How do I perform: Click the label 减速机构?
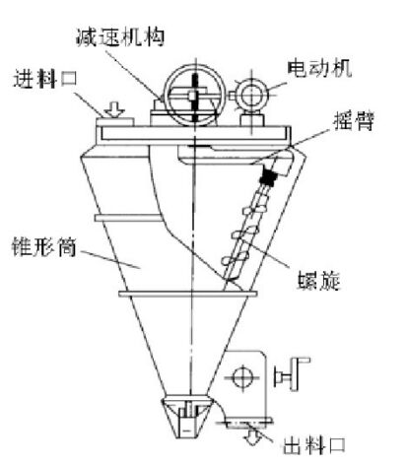120,37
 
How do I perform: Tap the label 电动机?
319,68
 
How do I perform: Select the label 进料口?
45,79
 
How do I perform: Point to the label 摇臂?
354,121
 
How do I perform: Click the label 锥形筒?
43,247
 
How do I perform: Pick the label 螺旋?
318,281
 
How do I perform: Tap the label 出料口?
314,445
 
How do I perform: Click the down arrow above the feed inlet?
114,109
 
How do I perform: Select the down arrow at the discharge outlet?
253,436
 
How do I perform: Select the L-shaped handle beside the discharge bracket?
293,373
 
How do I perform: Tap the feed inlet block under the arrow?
114,121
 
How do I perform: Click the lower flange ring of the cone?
188,294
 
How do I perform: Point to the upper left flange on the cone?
127,218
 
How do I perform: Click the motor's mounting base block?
252,118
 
